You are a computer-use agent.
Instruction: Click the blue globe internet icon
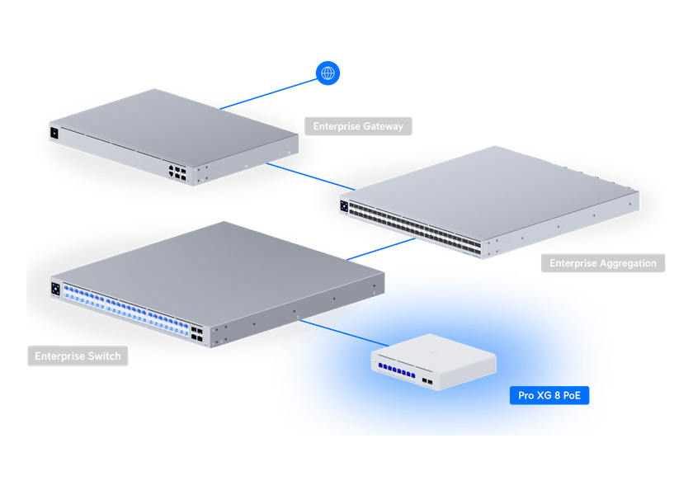[x=328, y=74]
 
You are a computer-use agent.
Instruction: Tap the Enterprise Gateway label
[x=358, y=127]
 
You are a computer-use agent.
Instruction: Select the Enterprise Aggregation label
[x=602, y=264]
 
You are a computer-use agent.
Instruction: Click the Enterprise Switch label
[x=78, y=357]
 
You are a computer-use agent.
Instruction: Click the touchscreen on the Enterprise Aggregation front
[x=343, y=206]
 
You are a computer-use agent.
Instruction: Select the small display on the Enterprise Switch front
[x=56, y=289]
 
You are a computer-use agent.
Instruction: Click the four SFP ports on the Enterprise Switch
[x=198, y=331]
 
